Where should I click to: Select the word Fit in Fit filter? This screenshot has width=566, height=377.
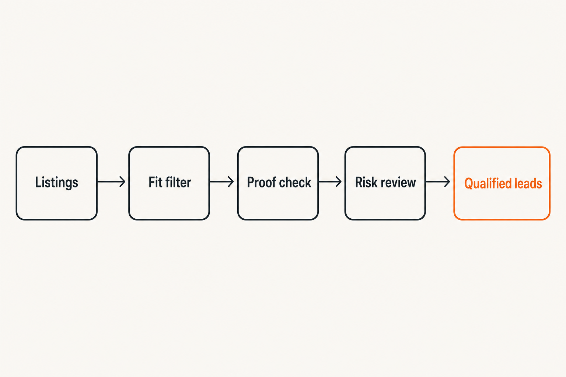click(x=155, y=182)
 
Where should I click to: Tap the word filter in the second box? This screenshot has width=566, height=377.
click(x=178, y=182)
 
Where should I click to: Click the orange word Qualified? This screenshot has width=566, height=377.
click(x=485, y=184)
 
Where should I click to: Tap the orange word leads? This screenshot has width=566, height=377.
click(x=525, y=184)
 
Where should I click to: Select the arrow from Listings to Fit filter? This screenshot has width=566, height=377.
click(x=111, y=182)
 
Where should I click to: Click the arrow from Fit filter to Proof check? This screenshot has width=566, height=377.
click(x=221, y=182)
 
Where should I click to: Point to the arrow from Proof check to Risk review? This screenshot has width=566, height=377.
click(x=330, y=182)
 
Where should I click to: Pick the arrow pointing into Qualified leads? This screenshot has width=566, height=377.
click(x=438, y=182)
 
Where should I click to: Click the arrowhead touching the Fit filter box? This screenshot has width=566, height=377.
click(x=123, y=182)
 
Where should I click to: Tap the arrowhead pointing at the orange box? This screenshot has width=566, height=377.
click(x=447, y=182)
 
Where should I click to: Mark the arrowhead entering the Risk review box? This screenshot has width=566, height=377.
click(x=339, y=182)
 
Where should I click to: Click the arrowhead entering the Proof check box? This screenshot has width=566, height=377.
click(x=231, y=182)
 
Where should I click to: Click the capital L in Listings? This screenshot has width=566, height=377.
click(x=38, y=182)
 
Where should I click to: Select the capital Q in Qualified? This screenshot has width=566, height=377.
click(x=469, y=184)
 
